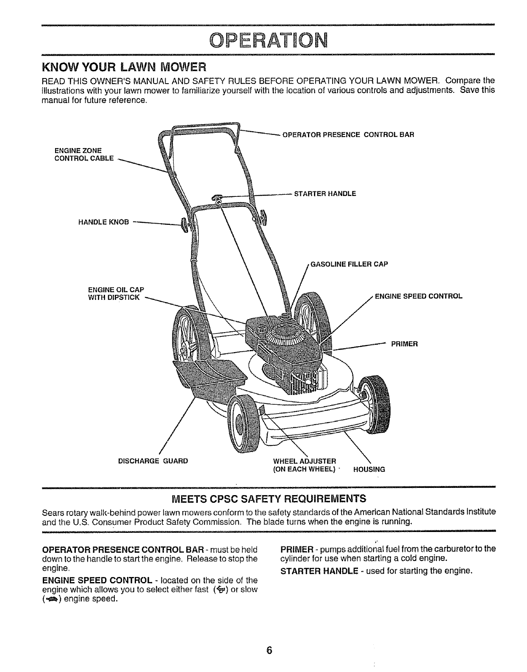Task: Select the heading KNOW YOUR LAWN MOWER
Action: coord(123,67)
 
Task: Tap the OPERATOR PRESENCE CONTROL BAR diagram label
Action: coord(348,135)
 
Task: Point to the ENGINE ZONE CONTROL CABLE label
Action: coord(84,154)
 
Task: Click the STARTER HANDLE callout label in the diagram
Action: coord(325,194)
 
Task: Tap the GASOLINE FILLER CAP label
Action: coord(349,264)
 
